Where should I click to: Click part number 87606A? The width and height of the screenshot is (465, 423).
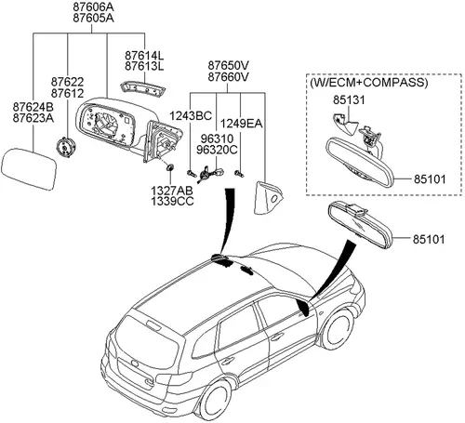93,7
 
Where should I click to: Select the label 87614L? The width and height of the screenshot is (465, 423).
144,56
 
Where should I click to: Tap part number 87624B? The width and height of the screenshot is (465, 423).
33,107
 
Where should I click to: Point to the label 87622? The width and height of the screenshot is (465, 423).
67,82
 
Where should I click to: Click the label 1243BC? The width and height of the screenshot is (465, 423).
191,116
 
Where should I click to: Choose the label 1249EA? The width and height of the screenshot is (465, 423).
241,124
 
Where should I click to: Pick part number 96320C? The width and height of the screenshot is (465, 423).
217,150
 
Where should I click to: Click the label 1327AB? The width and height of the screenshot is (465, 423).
172,191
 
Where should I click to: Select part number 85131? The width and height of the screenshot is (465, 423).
349,99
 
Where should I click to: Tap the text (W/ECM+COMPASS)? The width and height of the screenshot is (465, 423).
369,83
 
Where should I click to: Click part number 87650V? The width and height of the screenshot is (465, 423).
228,66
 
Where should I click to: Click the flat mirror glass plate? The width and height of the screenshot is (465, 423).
29,169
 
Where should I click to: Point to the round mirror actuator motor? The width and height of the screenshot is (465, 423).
66,148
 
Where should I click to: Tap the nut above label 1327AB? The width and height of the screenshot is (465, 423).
170,167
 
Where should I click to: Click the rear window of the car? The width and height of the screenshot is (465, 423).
146,342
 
